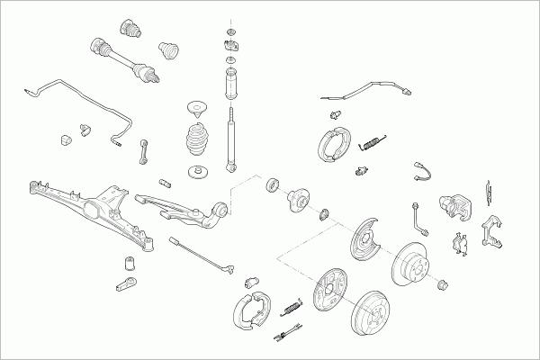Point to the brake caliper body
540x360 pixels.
click(x=457, y=209)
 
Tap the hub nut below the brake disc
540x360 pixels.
click(x=443, y=286)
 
